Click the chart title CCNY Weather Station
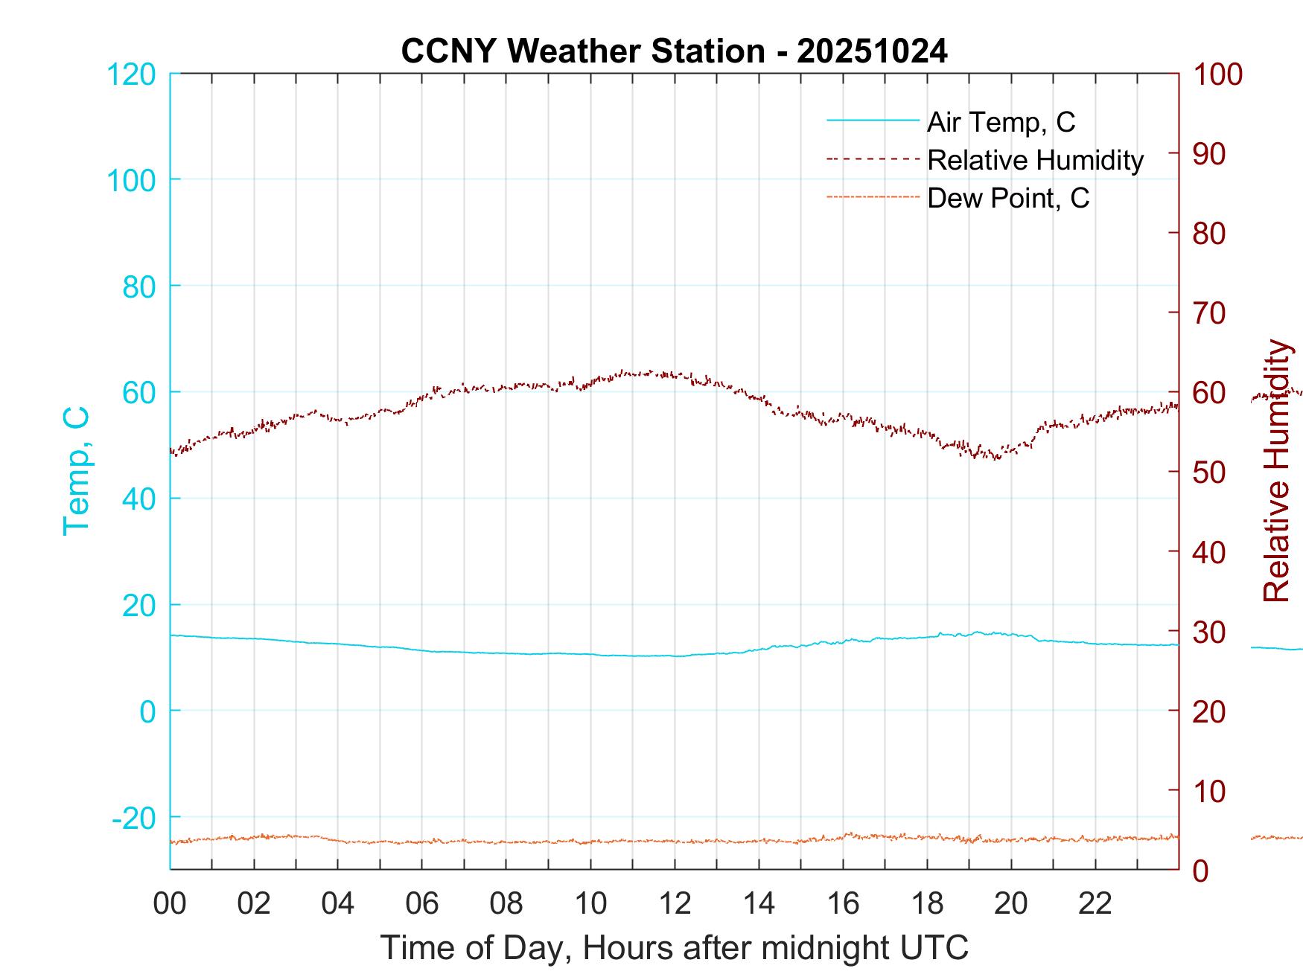(582, 51)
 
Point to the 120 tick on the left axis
(132, 74)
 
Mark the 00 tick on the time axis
(170, 904)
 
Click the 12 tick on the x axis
(675, 904)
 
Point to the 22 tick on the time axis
(1095, 904)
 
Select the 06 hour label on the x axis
(422, 904)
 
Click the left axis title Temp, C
(77, 471)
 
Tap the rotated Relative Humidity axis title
(1276, 471)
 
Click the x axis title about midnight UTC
(675, 948)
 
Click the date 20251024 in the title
(872, 51)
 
